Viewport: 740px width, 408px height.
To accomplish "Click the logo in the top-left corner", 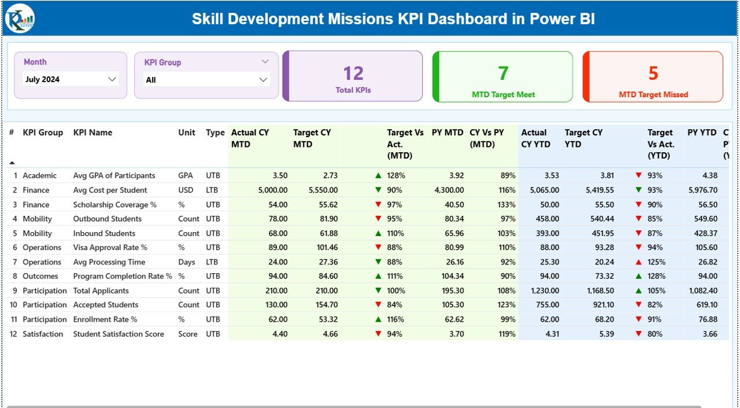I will (x=20, y=19).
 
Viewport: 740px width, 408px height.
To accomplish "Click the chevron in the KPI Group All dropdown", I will (x=263, y=80).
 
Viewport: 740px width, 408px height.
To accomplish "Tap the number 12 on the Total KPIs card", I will (x=353, y=73).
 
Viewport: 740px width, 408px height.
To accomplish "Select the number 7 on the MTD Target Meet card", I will (x=503, y=73).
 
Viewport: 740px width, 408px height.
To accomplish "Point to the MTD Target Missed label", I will (x=653, y=94).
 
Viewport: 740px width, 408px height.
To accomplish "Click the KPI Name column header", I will (x=92, y=133).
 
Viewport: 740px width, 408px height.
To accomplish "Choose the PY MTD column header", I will (x=447, y=133).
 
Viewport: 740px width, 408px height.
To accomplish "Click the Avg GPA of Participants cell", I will (x=114, y=175).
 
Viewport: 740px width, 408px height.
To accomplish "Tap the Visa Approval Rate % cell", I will (x=110, y=248).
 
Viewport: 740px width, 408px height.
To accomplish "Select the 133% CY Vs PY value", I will (x=506, y=204).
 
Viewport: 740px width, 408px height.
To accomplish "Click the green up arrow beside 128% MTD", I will (x=378, y=175).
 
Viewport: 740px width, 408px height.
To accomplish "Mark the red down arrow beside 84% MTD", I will (x=378, y=305).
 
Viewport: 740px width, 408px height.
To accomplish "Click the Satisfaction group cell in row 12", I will (x=43, y=334).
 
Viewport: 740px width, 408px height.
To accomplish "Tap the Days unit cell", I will (x=187, y=262).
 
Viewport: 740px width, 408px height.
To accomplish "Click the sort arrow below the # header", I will (x=12, y=163).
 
